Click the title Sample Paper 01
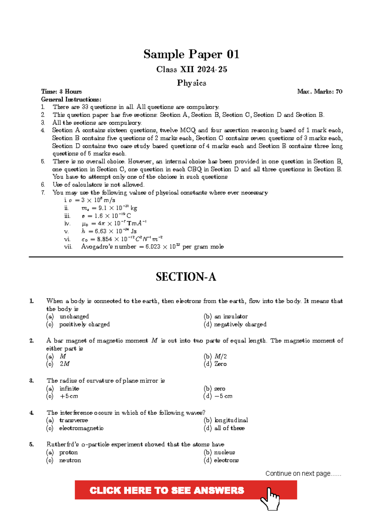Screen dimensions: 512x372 191,54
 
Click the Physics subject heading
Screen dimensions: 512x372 191,83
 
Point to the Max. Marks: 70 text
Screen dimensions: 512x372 320,92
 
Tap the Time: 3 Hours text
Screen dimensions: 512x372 61,92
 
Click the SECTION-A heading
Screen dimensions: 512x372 186,277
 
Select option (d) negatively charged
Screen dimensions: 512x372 235,324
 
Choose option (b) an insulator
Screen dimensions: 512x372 226,317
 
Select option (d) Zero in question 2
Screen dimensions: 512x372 215,364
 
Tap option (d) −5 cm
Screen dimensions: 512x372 218,396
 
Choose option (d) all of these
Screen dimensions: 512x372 224,428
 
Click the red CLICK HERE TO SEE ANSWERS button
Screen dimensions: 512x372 167,490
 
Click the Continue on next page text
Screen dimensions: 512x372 303,474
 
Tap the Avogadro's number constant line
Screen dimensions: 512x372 152,247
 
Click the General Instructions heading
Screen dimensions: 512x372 71,99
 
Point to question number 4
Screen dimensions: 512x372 32,413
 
